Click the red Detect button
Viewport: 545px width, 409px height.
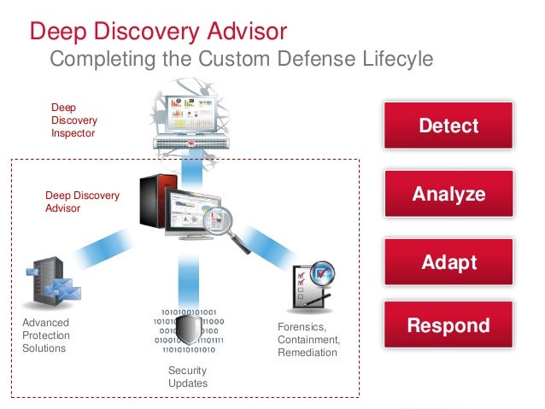[x=448, y=126]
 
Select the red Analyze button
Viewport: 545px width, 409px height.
[x=448, y=194]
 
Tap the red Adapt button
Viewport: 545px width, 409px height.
[x=448, y=261]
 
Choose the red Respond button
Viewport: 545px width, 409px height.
[x=448, y=325]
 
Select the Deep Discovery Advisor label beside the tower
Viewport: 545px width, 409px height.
[x=82, y=202]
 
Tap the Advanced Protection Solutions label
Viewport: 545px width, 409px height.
[x=46, y=336]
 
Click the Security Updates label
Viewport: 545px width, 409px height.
[x=187, y=377]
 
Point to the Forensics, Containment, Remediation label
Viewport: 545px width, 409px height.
[x=308, y=340]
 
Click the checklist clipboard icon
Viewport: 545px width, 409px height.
[x=312, y=286]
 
